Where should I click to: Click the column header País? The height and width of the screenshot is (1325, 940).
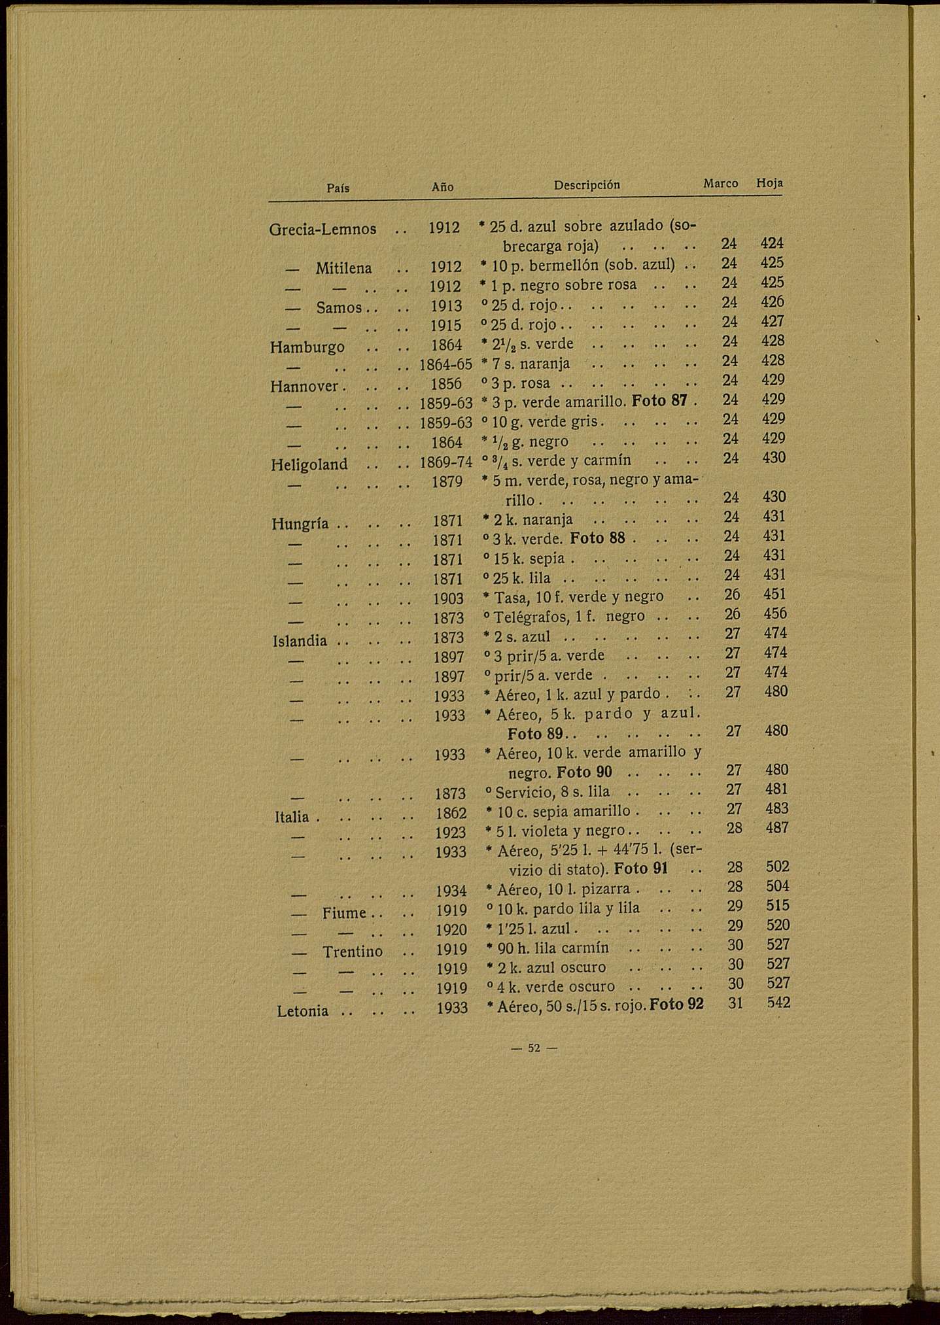coord(338,188)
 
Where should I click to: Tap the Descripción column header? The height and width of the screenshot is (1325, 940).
coord(587,185)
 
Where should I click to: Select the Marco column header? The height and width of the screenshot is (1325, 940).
coord(720,184)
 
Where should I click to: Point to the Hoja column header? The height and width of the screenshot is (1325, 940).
coord(769,183)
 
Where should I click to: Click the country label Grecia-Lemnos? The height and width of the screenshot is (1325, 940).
coord(322,229)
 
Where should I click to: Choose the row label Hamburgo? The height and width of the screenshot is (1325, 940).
coord(307,347)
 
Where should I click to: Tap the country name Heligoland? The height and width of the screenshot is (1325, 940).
coord(309,464)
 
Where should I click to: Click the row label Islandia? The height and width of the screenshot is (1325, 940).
coord(300,641)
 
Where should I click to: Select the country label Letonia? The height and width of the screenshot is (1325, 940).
coord(302,1011)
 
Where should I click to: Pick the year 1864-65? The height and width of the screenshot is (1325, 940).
coord(445,364)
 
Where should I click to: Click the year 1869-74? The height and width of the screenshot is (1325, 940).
coord(445,462)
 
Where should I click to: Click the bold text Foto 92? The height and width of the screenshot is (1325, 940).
coord(677,1004)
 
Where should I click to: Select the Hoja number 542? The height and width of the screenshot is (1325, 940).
coord(778,1003)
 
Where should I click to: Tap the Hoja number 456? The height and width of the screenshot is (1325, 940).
coord(775,613)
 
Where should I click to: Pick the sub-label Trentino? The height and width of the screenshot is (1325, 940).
coord(352,952)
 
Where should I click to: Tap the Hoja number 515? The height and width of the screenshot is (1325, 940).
coord(778,905)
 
